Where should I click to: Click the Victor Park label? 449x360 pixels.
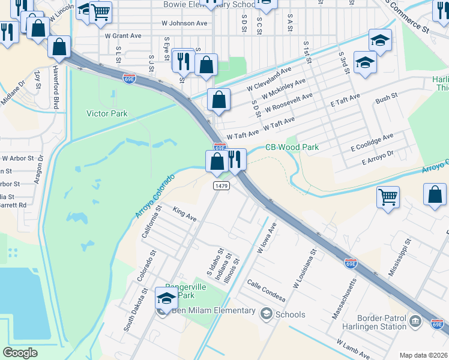[107, 113]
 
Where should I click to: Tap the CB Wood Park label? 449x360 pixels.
[292, 147]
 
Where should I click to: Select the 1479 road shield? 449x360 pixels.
[221, 186]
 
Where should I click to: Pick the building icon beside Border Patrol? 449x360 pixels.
[415, 322]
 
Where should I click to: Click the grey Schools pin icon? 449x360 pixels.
[265, 313]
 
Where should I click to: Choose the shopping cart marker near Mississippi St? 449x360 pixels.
[388, 196]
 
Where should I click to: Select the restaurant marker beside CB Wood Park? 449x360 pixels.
[235, 159]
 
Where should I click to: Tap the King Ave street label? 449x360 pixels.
[185, 213]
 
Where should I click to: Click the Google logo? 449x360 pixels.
[20, 353]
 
